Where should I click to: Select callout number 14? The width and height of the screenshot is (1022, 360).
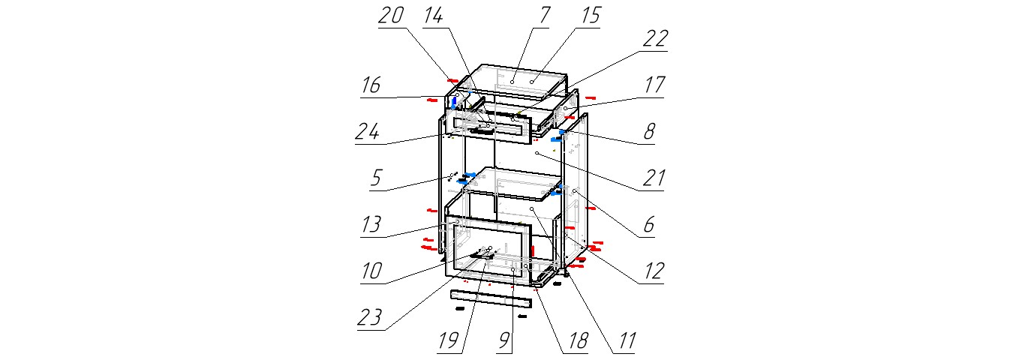pos(433,16)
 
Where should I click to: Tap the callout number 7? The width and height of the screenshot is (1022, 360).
pos(544,15)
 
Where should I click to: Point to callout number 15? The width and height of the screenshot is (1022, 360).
pos(591,16)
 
